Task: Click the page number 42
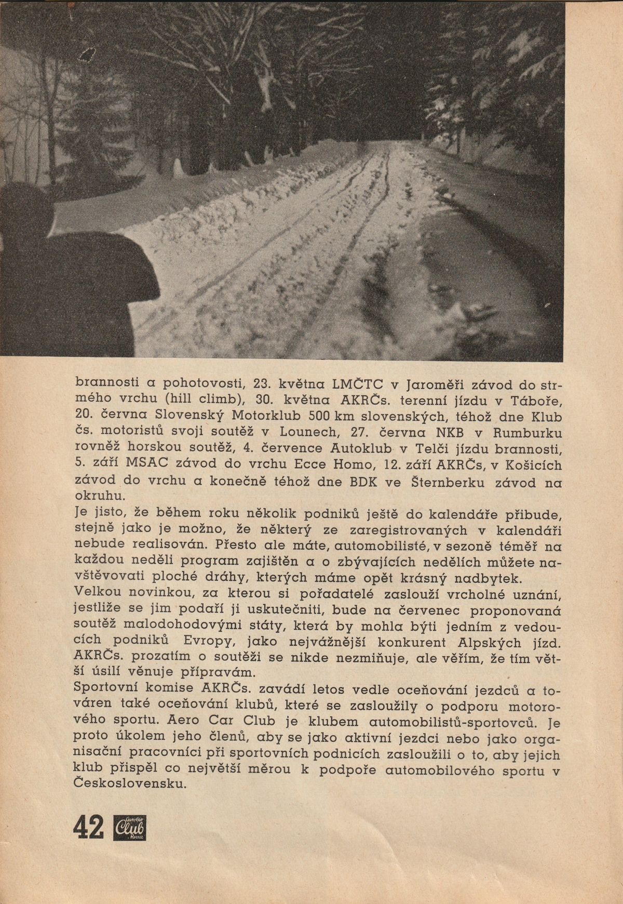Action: [89, 829]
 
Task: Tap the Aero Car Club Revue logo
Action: [129, 829]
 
